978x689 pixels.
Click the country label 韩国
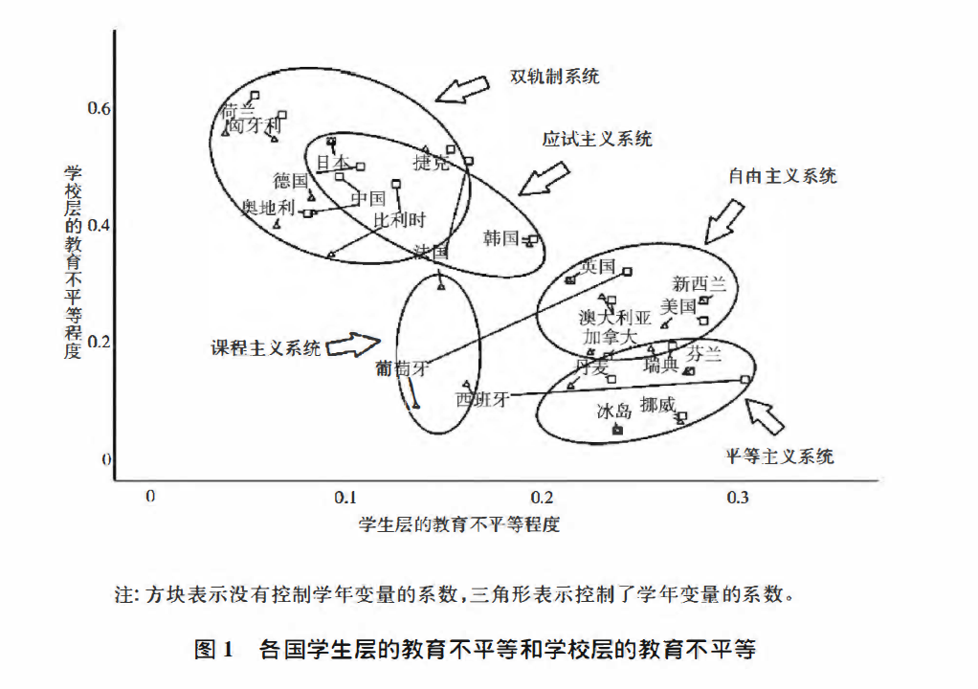(x=500, y=238)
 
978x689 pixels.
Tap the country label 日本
(x=333, y=164)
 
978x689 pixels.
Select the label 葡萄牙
(x=402, y=367)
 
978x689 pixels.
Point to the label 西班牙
(x=481, y=399)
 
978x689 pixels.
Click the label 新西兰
(x=700, y=284)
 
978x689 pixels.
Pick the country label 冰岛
(x=614, y=411)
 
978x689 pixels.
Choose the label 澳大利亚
(x=615, y=318)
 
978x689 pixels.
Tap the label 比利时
(x=399, y=220)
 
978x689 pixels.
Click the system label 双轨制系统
(x=555, y=77)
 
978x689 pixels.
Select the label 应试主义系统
(x=597, y=139)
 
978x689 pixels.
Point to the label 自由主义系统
(x=782, y=176)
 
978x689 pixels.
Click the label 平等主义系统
(x=779, y=456)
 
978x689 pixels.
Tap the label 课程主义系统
(x=266, y=348)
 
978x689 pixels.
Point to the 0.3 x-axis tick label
(x=737, y=498)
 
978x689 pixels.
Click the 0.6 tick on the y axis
(x=100, y=108)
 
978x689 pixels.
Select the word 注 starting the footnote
(x=122, y=595)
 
